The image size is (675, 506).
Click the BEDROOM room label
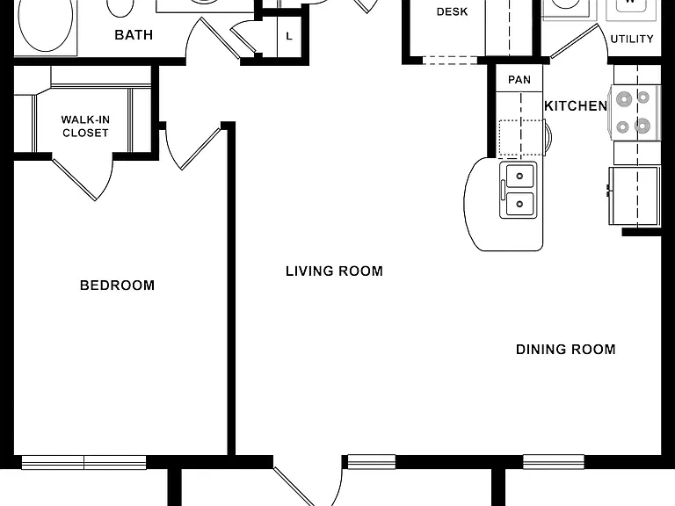point(117,286)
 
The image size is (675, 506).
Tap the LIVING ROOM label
point(335,271)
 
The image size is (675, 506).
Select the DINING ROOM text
point(566,349)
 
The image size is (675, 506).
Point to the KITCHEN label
point(576,105)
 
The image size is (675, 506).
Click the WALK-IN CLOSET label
point(85,126)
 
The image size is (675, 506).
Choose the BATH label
point(134,35)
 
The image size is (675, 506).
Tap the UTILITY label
point(632,40)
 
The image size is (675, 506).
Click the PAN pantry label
point(519,80)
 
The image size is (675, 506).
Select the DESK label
point(452,11)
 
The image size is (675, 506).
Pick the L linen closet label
point(289,36)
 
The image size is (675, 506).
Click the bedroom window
point(84,462)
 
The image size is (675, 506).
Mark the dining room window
point(554,462)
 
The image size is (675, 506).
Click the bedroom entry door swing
point(192,148)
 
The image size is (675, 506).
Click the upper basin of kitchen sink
point(520,176)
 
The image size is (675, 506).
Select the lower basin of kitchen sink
point(520,204)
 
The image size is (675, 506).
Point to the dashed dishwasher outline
point(521,138)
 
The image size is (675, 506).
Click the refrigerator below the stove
point(634,196)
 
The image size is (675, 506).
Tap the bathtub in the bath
point(46,25)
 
